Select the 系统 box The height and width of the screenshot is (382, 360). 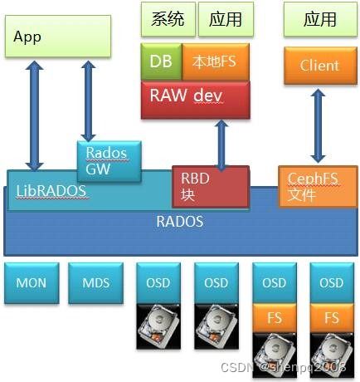click(168, 18)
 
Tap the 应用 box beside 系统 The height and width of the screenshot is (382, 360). click(225, 18)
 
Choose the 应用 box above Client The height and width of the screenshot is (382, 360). click(319, 18)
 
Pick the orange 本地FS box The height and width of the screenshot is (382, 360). click(216, 61)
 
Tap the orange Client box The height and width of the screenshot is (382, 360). click(319, 65)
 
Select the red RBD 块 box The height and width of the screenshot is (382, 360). click(210, 185)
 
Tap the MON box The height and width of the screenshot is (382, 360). click(31, 283)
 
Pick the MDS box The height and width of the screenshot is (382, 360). click(95, 283)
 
